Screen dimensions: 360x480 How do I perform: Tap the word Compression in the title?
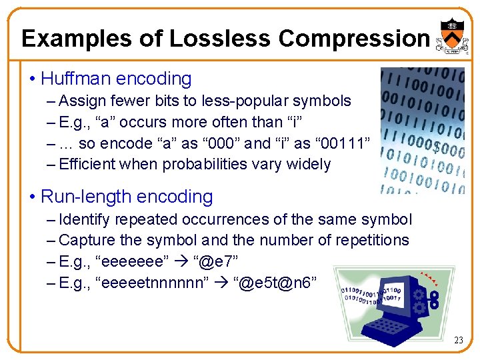(354, 38)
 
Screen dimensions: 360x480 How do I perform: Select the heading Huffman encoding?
(116, 79)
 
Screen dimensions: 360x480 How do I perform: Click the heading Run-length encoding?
(127, 197)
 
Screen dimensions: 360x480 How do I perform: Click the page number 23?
(458, 341)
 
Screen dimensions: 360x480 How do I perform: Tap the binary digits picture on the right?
(422, 130)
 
